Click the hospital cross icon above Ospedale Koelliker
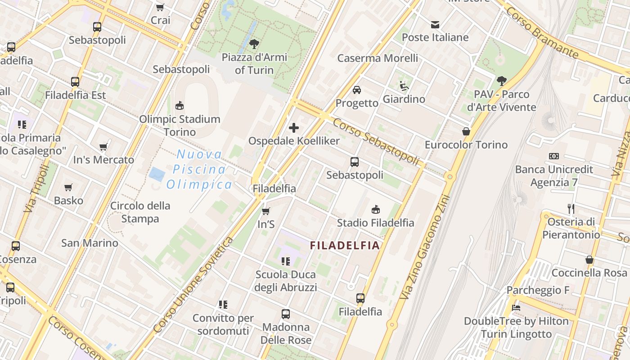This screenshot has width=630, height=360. [x=294, y=128]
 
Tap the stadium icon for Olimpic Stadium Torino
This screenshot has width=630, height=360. [x=180, y=106]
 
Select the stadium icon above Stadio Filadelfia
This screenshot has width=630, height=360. [x=376, y=209]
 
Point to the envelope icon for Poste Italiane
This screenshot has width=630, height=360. [x=435, y=24]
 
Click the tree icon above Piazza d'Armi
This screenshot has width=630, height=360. [x=254, y=44]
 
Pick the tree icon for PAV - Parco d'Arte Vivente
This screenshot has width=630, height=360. [x=502, y=81]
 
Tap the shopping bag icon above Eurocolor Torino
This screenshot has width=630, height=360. [x=466, y=131]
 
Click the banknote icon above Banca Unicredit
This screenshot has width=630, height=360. [x=554, y=156]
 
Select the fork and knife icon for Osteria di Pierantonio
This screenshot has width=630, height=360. [x=571, y=208]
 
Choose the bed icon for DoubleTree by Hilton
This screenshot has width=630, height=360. [x=516, y=308]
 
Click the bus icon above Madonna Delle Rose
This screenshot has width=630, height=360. [x=286, y=314]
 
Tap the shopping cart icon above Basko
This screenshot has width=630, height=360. [x=68, y=187]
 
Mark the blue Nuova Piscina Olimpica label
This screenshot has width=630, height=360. [x=199, y=170]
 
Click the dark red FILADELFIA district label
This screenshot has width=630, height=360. [x=345, y=246]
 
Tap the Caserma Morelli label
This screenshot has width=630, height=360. [x=378, y=58]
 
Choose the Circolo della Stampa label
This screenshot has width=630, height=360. [x=140, y=212]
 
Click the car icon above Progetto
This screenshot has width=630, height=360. [x=357, y=90]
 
